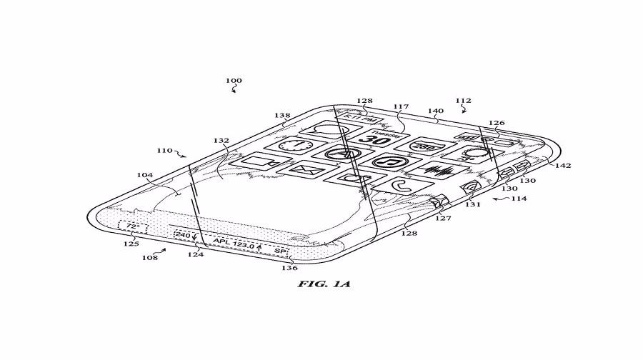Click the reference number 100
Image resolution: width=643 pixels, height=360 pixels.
point(234,81)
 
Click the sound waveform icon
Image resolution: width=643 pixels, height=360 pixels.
point(437,171)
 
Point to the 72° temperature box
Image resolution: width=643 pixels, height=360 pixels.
point(133,227)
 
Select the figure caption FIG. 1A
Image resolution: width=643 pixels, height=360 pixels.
point(321,284)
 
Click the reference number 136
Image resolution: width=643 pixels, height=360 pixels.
point(289,268)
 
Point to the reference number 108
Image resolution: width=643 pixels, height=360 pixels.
point(149,256)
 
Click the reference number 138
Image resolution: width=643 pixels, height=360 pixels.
point(282,115)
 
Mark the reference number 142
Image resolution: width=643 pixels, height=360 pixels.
point(562,165)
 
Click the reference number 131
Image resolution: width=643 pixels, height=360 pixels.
point(473,204)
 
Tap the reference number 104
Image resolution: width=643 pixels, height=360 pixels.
point(145,174)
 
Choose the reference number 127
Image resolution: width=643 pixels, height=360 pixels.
point(444,219)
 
